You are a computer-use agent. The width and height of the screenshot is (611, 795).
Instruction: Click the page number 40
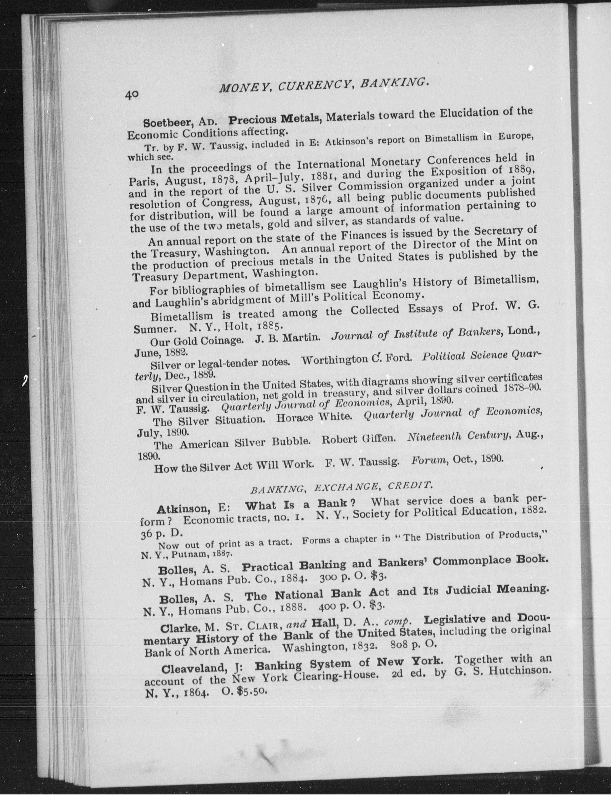coord(131,94)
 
